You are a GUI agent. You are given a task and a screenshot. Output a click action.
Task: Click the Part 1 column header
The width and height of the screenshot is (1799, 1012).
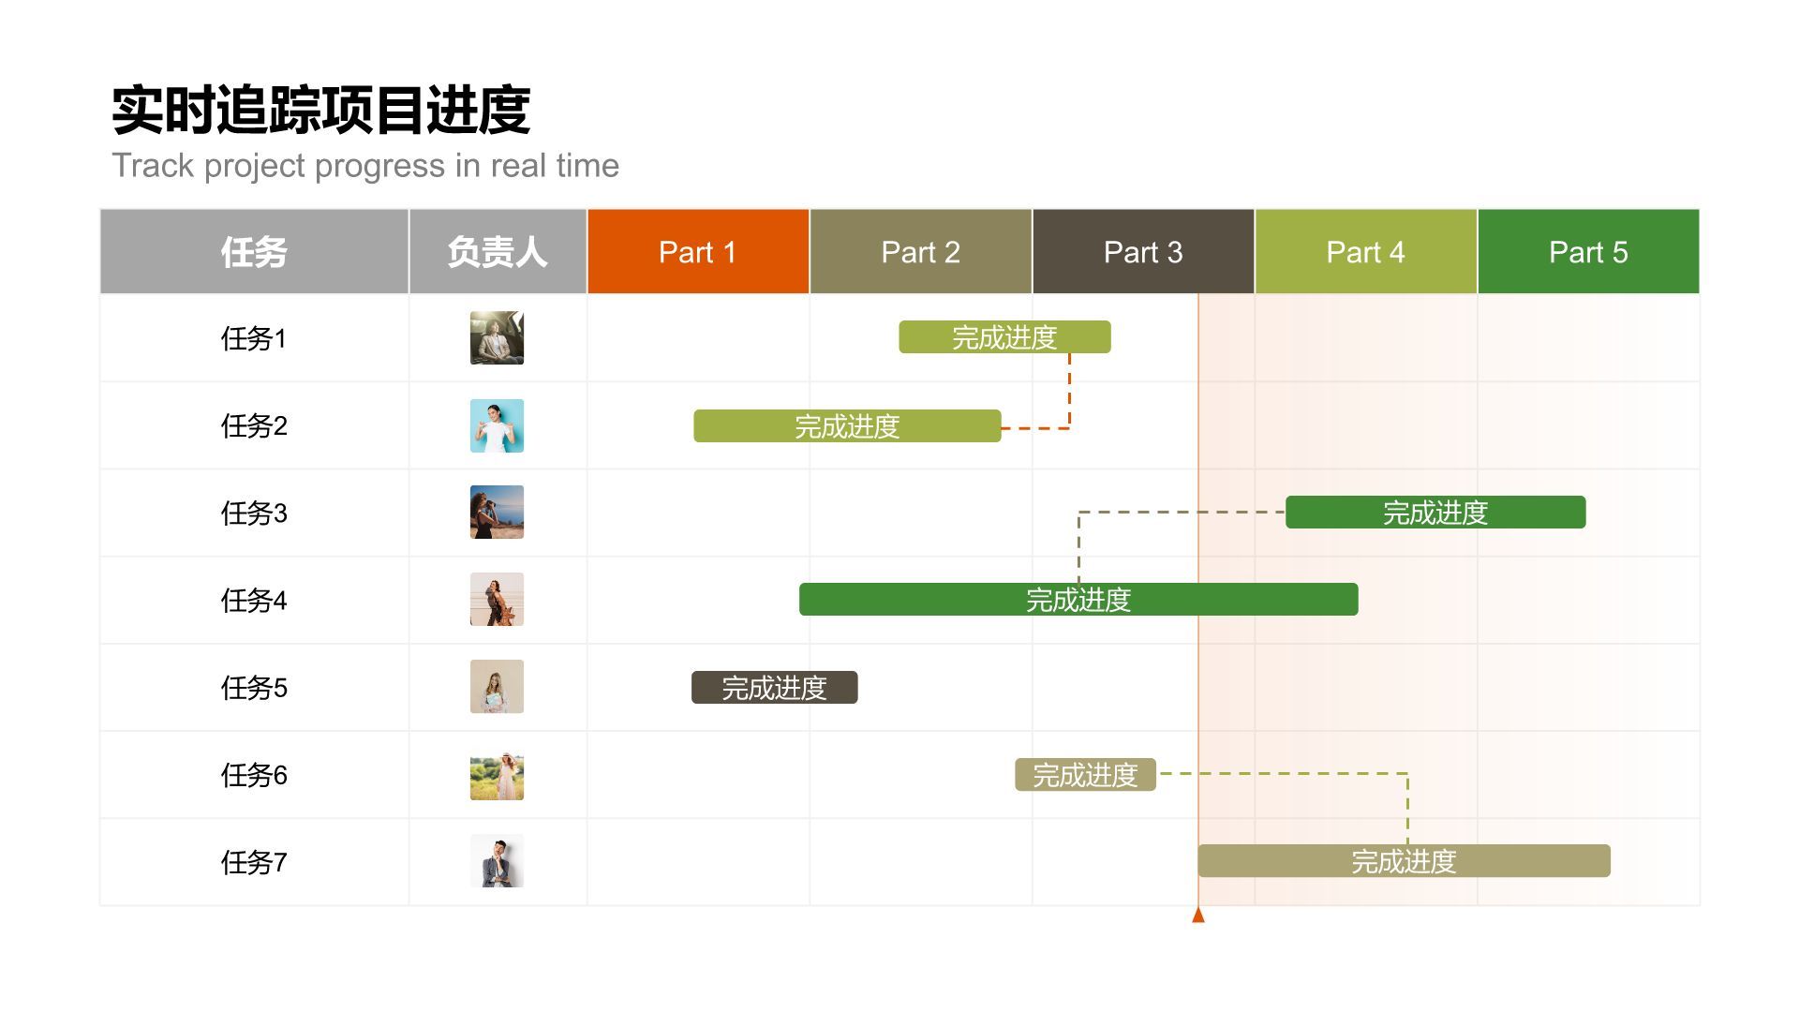click(698, 252)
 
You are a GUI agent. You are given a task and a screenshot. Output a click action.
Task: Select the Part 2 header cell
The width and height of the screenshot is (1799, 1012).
click(920, 252)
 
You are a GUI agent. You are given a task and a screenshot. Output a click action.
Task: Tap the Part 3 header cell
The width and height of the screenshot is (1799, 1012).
click(1143, 252)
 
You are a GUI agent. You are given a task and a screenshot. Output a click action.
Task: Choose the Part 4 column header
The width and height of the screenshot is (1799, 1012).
click(1365, 252)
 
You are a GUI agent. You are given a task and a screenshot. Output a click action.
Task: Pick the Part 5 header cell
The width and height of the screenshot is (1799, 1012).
click(1588, 252)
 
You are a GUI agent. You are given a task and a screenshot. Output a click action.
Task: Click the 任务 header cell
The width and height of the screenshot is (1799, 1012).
click(254, 252)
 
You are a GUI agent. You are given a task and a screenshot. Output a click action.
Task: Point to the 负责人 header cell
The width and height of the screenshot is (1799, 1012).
click(498, 252)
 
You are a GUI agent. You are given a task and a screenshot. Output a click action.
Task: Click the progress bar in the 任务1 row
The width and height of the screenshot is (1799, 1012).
click(1004, 337)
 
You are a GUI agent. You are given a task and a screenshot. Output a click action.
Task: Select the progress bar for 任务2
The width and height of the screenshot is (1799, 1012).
click(847, 426)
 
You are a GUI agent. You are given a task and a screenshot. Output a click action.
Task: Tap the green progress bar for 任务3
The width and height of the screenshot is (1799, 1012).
click(1435, 513)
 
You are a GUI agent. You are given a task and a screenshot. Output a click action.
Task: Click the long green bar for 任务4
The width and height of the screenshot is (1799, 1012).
click(1078, 600)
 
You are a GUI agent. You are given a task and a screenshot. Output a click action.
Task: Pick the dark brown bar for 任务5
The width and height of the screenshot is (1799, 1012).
click(774, 688)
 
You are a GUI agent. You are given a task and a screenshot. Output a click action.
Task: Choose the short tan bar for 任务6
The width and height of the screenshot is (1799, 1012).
click(1085, 775)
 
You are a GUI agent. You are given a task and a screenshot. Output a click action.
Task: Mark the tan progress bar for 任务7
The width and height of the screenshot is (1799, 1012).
click(1404, 861)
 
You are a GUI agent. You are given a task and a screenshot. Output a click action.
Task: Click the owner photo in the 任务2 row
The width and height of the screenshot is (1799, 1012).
click(497, 426)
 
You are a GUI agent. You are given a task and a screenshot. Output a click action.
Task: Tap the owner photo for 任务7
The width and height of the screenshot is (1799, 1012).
click(497, 861)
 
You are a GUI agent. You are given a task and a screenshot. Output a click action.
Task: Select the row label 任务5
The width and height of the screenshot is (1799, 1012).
click(254, 688)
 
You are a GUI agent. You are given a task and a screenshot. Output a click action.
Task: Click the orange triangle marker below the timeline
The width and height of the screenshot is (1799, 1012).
click(1198, 915)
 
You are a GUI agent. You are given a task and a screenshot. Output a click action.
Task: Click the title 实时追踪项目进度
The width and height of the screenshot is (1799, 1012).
click(321, 111)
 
